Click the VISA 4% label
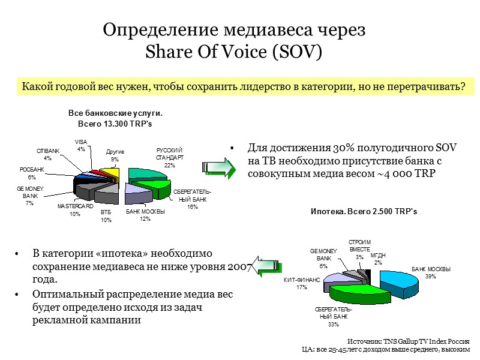click(81, 145)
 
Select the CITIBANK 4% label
click(47, 154)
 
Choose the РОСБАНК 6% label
click(32, 173)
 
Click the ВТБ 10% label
click(106, 216)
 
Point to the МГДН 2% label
click(378, 259)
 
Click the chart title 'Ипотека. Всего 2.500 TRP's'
click(364, 212)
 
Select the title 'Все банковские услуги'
click(115, 113)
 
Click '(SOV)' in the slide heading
click(296, 52)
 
